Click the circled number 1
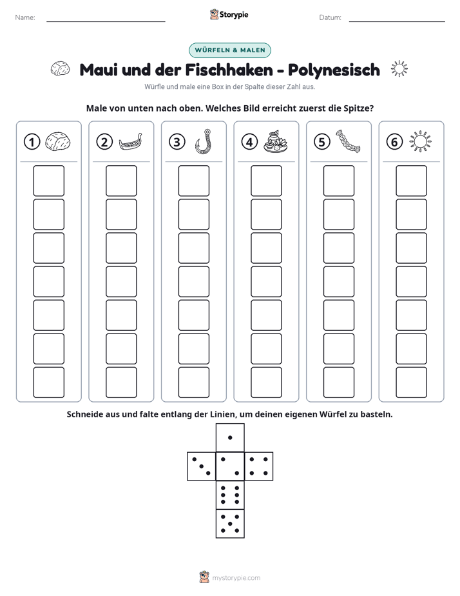pos(32,142)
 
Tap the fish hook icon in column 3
pos(204,141)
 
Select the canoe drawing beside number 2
pos(131,142)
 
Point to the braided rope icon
pos(348,141)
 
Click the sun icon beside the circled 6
pos(420,142)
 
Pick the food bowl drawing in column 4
pos(276,142)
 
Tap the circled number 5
pos(322,142)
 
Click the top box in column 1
pos(48,181)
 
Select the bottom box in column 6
pos(412,382)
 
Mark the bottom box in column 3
pos(194,382)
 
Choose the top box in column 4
pos(267,181)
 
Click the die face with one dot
pos(230,437)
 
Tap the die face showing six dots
pos(230,495)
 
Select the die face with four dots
pos(259,466)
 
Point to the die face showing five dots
pos(230,524)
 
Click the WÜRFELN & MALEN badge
pos(230,50)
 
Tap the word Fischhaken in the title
pos(229,70)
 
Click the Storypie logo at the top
pos(229,15)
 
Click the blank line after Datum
pos(397,21)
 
